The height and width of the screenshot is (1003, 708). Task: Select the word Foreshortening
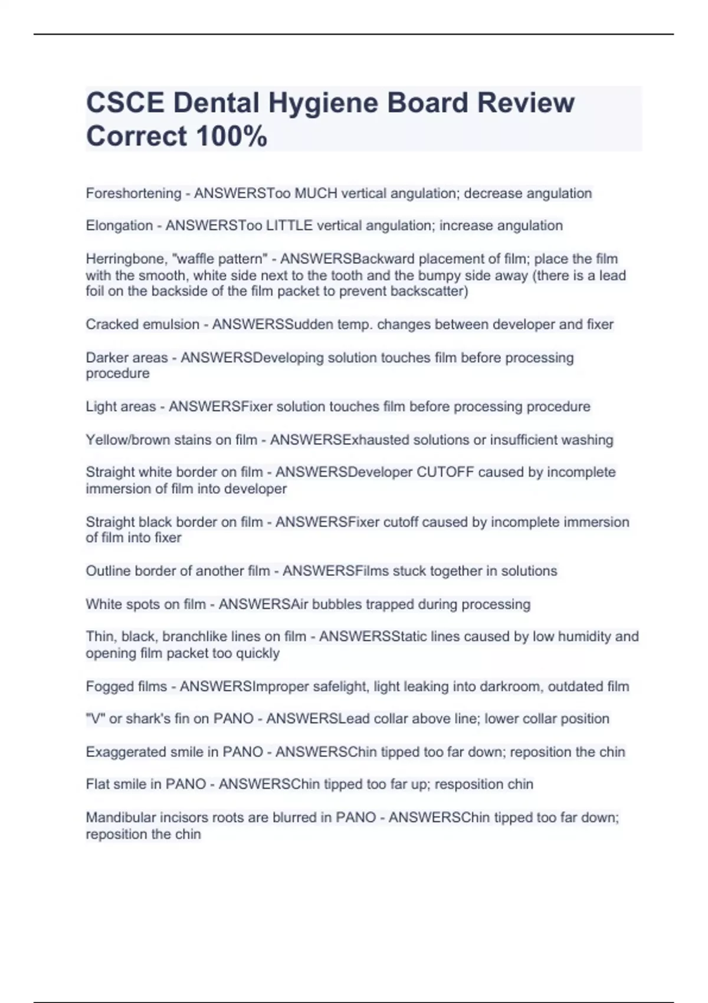coord(133,194)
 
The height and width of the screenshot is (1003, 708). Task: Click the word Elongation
coord(119,225)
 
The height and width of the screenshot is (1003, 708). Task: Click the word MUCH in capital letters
coord(316,194)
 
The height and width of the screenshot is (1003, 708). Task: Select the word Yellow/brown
coord(129,440)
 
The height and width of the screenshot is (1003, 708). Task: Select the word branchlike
coord(196,637)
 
